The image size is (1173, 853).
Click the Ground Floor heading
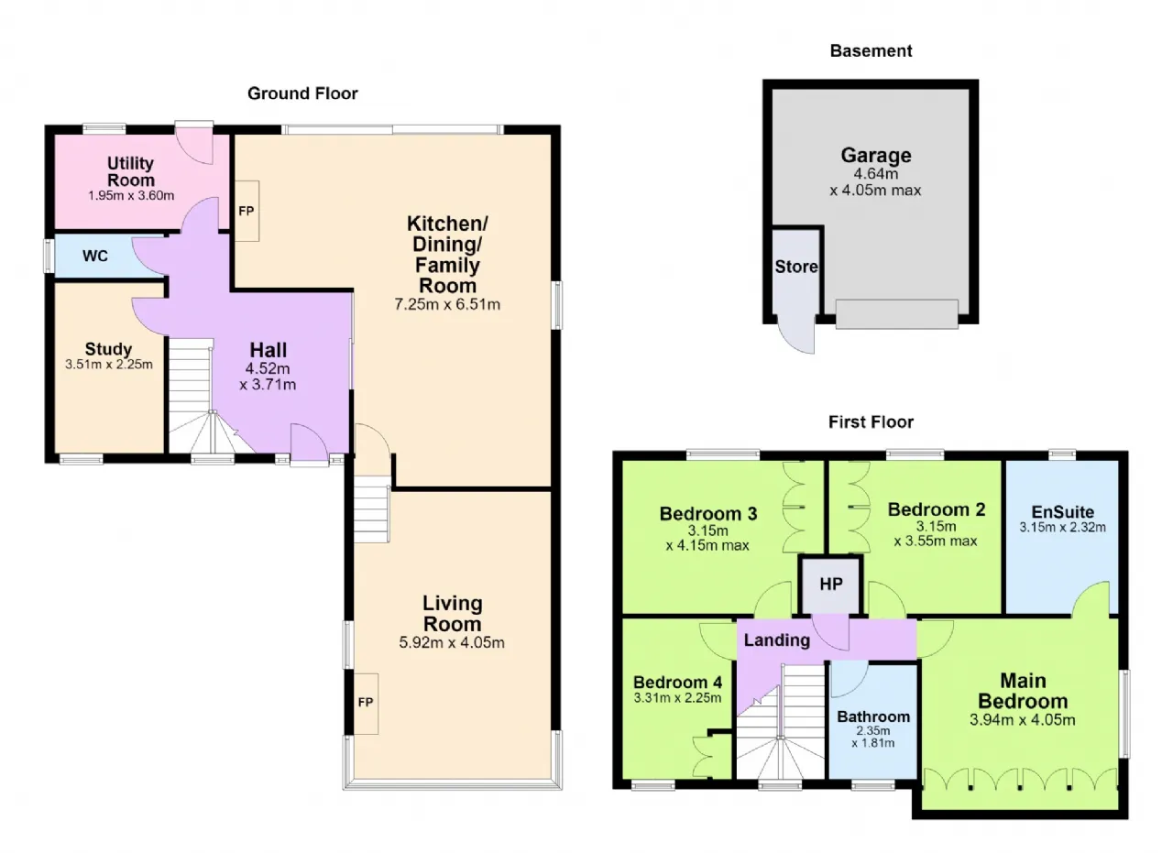[302, 93]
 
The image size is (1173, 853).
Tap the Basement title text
[871, 50]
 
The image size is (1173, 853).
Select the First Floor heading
[871, 421]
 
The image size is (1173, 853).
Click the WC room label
[94, 256]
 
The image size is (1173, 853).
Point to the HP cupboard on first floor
[831, 584]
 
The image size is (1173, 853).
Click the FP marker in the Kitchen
[247, 211]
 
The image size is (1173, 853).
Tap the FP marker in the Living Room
[366, 702]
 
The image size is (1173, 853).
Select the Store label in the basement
[796, 267]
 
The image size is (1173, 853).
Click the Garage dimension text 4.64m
[875, 174]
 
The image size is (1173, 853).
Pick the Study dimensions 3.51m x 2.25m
[109, 365]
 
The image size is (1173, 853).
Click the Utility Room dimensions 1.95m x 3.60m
[131, 196]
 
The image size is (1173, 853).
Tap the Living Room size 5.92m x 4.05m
[452, 642]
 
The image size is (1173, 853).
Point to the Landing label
[776, 640]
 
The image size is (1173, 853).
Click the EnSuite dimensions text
[1062, 528]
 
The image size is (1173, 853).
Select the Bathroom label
[873, 716]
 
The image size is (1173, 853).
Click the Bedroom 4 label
[677, 683]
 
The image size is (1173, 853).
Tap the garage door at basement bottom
[897, 314]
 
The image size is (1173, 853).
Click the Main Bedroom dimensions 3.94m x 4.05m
[1022, 720]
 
